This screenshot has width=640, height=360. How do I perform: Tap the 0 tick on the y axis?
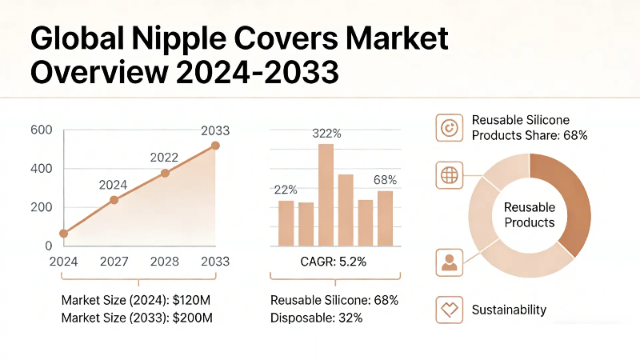[x=48, y=246]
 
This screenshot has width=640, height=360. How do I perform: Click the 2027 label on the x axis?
[x=113, y=262]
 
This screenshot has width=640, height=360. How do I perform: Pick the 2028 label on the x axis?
[x=163, y=262]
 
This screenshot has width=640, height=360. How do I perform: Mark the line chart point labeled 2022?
[x=165, y=173]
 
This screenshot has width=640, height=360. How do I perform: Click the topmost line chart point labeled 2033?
[x=215, y=146]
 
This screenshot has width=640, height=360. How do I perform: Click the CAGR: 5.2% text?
[x=334, y=261]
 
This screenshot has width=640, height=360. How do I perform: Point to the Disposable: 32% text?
[x=317, y=318]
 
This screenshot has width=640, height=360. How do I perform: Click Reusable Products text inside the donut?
[x=529, y=214]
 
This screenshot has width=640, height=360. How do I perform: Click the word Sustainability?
[x=509, y=309]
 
